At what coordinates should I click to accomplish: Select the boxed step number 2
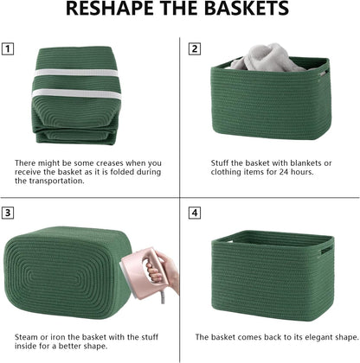pyautogui.click(x=195, y=48)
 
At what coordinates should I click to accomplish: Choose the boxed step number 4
pyautogui.click(x=195, y=212)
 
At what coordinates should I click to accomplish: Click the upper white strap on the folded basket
pyautogui.click(x=76, y=67)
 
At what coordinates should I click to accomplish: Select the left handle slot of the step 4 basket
pyautogui.click(x=220, y=251)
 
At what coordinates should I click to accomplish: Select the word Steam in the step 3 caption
pyautogui.click(x=26, y=335)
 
